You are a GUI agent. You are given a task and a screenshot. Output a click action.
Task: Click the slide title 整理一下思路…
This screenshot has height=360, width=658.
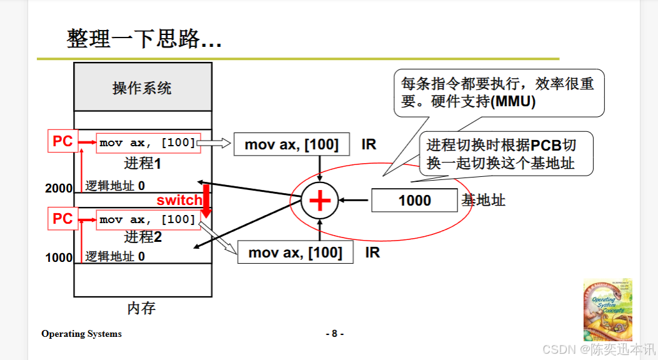click(144, 39)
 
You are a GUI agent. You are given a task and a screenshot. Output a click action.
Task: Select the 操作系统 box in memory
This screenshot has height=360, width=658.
click(142, 87)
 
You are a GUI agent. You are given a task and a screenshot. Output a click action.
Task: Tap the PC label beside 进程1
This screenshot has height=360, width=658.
click(62, 142)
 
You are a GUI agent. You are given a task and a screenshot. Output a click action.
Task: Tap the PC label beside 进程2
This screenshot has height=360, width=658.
click(62, 219)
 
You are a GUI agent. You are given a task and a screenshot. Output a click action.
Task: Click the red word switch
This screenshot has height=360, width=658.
click(179, 201)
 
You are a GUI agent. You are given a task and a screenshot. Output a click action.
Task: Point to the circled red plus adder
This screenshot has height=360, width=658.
click(320, 201)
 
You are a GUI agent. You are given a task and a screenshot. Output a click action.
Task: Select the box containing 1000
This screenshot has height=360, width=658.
click(414, 201)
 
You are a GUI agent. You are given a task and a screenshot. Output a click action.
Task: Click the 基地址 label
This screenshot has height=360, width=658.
click(483, 201)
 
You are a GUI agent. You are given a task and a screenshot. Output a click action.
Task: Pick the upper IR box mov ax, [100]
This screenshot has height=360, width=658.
click(291, 145)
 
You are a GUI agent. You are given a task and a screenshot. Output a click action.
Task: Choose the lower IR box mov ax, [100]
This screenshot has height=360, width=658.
click(296, 252)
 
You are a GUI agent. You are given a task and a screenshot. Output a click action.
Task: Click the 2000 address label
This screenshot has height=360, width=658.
click(59, 188)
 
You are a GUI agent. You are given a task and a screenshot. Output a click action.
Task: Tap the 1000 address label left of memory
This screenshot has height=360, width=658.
click(59, 257)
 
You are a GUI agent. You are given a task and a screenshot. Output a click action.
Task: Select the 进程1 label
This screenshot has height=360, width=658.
click(142, 164)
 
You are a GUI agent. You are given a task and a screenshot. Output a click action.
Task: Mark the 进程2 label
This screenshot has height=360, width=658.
click(142, 237)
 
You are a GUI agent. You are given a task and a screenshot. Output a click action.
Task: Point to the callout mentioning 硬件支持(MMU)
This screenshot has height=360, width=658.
click(498, 92)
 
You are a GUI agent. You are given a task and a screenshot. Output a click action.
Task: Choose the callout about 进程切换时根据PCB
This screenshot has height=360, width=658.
click(501, 154)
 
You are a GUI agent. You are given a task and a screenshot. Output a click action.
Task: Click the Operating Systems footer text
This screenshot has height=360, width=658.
click(81, 334)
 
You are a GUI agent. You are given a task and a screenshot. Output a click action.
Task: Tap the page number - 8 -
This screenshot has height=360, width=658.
click(334, 334)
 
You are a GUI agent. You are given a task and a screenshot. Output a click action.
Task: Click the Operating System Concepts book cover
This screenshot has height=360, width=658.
click(607, 309)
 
